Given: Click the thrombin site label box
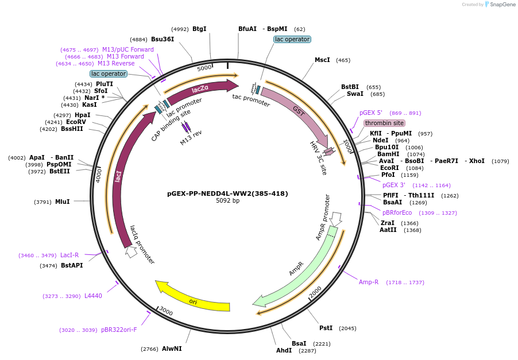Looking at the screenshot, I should point(384,123).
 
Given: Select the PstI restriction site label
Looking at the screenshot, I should point(326,328).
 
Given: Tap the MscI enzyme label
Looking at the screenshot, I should point(322,60).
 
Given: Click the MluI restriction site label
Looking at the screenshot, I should point(62,202).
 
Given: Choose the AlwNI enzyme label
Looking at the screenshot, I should point(172,349).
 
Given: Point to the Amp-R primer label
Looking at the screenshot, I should point(369,282).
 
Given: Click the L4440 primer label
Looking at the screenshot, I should point(93,296).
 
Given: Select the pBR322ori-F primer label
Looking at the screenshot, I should point(119,330).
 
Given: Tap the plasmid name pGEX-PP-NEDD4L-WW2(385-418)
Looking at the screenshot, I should point(228,193).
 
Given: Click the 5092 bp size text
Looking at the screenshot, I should point(228,201).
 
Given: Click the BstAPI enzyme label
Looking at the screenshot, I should point(72,265).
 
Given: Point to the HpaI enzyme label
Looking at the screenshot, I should point(82,115).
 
